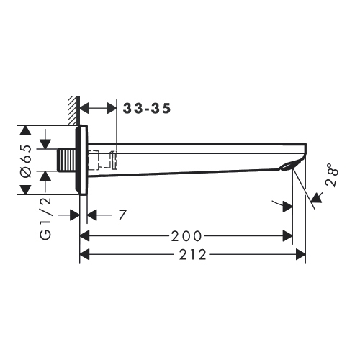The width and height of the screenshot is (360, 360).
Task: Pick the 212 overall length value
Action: (x=192, y=253)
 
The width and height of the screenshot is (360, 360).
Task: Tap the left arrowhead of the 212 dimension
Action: (x=84, y=253)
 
